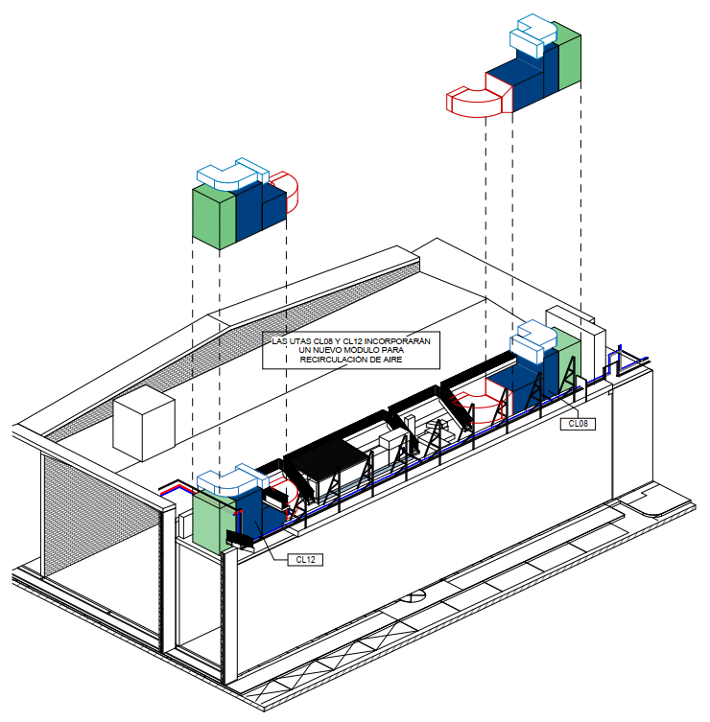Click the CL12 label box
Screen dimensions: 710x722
point(305,559)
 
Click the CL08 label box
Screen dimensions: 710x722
point(578,424)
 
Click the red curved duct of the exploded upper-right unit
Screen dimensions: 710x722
point(474,103)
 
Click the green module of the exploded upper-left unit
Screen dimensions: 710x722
point(214,218)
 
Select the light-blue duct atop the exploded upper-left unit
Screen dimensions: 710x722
point(232,175)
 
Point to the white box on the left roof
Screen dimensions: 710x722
point(144,423)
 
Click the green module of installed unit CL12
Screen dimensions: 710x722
point(214,524)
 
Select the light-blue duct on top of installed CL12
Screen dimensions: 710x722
point(232,480)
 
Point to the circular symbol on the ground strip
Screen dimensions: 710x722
point(413,596)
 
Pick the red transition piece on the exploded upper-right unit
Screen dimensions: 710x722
point(499,92)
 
